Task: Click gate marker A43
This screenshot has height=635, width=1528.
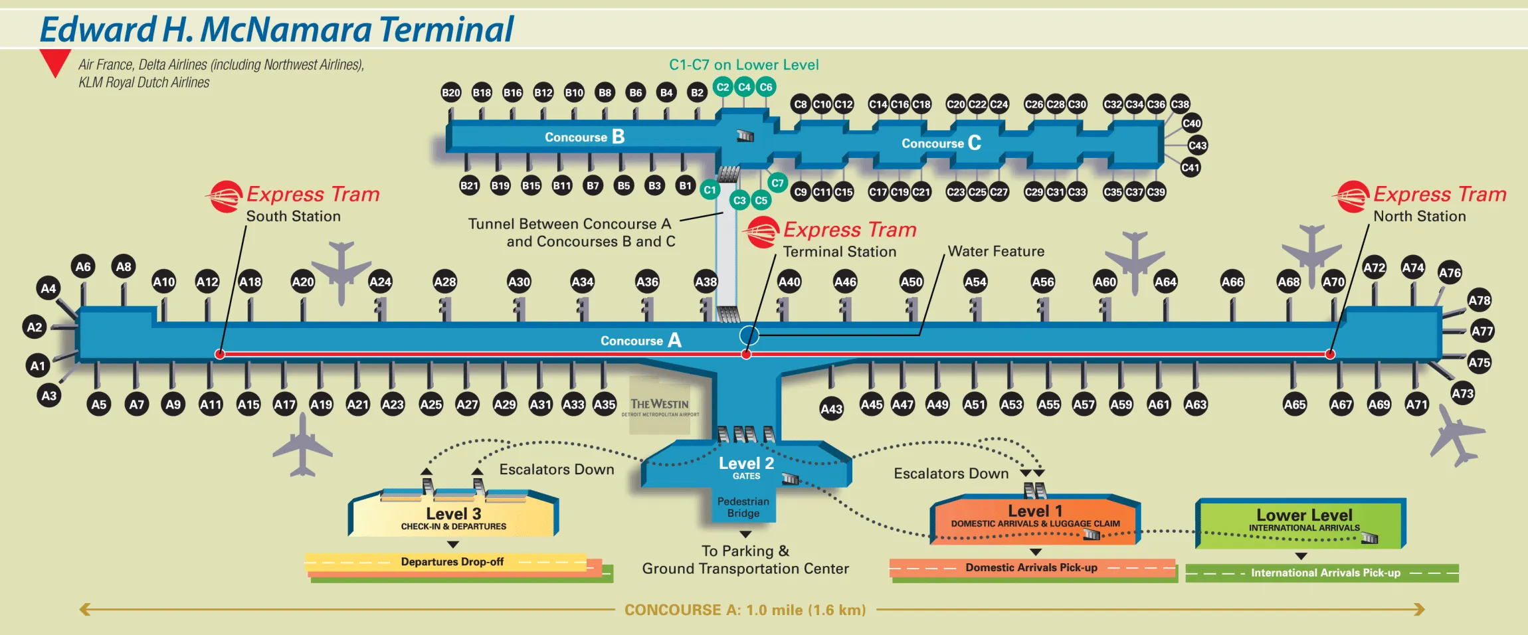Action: [x=831, y=409]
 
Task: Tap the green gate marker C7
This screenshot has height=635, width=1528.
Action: [x=777, y=183]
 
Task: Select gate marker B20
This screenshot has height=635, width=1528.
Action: [x=451, y=92]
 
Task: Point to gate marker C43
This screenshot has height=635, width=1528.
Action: [x=1197, y=145]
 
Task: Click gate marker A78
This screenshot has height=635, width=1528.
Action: [x=1479, y=300]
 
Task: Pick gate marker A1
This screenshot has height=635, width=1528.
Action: [x=38, y=365]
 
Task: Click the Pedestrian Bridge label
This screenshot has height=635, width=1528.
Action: [x=743, y=507]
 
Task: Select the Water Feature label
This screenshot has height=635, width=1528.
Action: [x=995, y=251]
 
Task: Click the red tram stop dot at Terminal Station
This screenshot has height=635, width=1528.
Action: [x=746, y=355]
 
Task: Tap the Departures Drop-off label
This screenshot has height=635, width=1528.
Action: [x=452, y=562]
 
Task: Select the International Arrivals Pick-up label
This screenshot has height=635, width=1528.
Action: [x=1325, y=573]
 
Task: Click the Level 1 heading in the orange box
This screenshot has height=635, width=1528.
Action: [x=1034, y=511]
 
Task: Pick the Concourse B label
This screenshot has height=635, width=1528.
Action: [x=584, y=137]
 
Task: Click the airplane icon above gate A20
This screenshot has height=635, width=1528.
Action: [x=341, y=270]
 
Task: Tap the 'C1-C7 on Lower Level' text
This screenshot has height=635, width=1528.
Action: [x=743, y=64]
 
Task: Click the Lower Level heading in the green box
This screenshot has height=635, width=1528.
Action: [x=1303, y=515]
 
